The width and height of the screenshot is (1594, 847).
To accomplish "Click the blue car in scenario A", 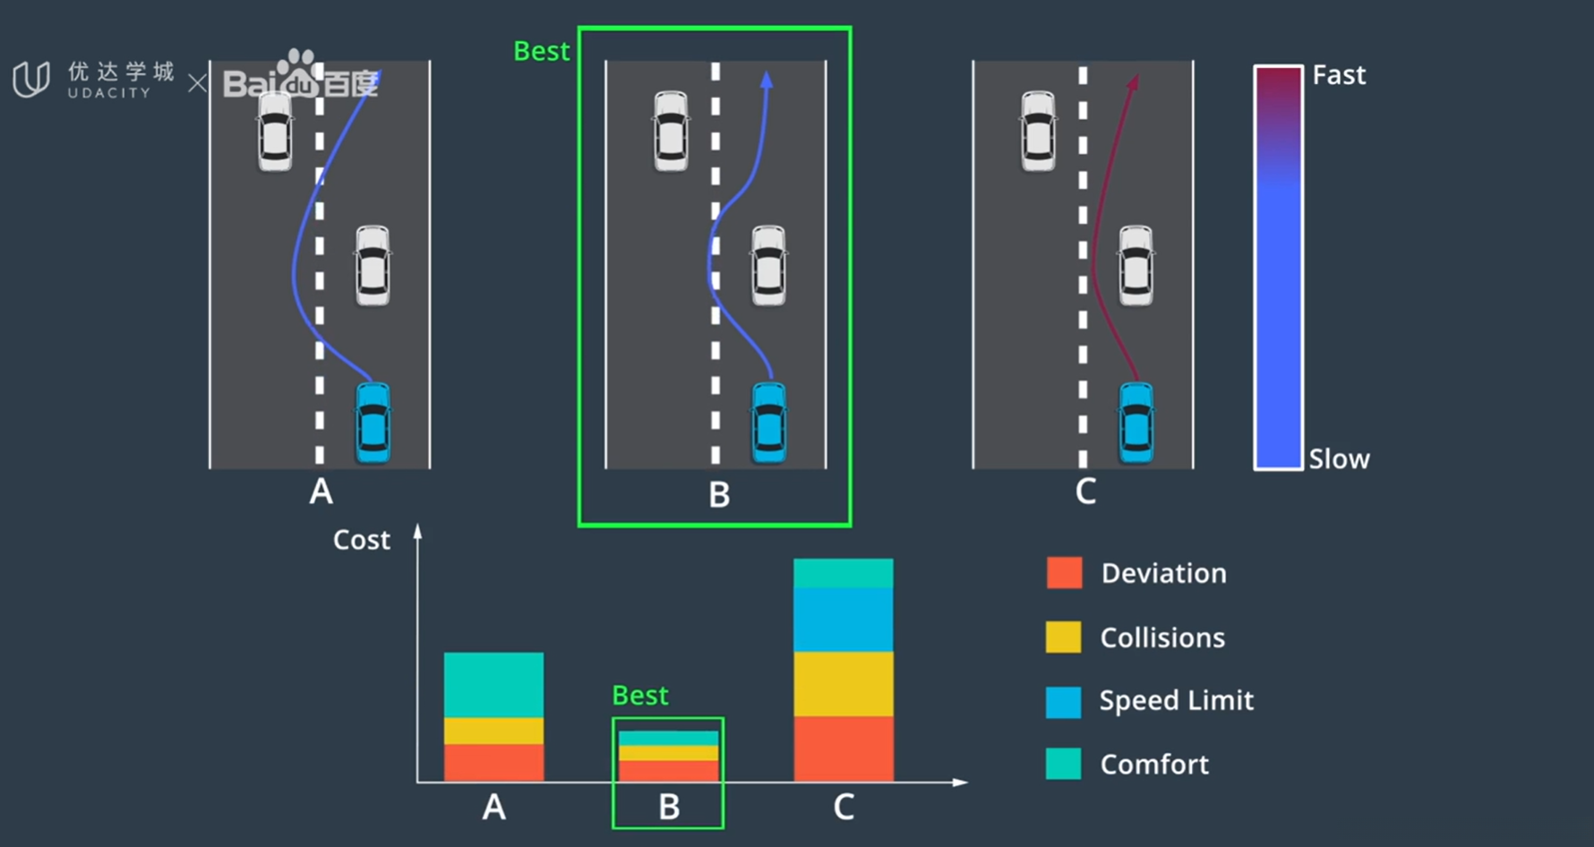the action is click(x=373, y=423).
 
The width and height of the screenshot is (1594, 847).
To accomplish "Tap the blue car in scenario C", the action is click(x=1136, y=423).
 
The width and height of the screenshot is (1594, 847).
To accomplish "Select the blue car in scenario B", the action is click(x=768, y=423).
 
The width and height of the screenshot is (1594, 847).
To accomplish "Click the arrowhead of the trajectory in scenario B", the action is click(x=767, y=80).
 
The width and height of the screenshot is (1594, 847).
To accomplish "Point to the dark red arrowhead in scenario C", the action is click(x=1134, y=82).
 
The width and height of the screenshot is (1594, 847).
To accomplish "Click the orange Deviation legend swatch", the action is click(x=1064, y=573).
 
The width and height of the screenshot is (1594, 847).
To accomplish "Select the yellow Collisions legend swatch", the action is click(x=1064, y=637).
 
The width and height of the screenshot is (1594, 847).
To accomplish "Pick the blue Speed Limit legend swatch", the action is click(x=1064, y=702).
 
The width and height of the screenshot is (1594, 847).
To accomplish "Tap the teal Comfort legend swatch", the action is click(x=1064, y=764).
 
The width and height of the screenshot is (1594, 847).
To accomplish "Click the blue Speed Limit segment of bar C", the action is click(x=844, y=620).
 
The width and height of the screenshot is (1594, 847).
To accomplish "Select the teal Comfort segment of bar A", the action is click(x=493, y=685).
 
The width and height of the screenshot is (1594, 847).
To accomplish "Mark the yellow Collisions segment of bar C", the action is click(x=844, y=684).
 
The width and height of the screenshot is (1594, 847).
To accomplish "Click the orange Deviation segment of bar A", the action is click(x=493, y=763).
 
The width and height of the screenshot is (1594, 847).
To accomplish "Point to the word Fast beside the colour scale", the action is click(x=1339, y=75).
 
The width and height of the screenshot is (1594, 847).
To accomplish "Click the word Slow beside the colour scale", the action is click(x=1339, y=459).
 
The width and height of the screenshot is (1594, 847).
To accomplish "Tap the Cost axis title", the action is click(x=362, y=540).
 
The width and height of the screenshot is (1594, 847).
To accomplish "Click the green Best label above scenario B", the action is click(x=542, y=51).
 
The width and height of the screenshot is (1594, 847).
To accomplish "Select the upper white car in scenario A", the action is click(x=275, y=131).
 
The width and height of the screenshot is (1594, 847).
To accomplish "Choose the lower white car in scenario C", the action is click(x=1136, y=266).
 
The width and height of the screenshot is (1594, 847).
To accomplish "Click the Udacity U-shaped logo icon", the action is click(x=31, y=80).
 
